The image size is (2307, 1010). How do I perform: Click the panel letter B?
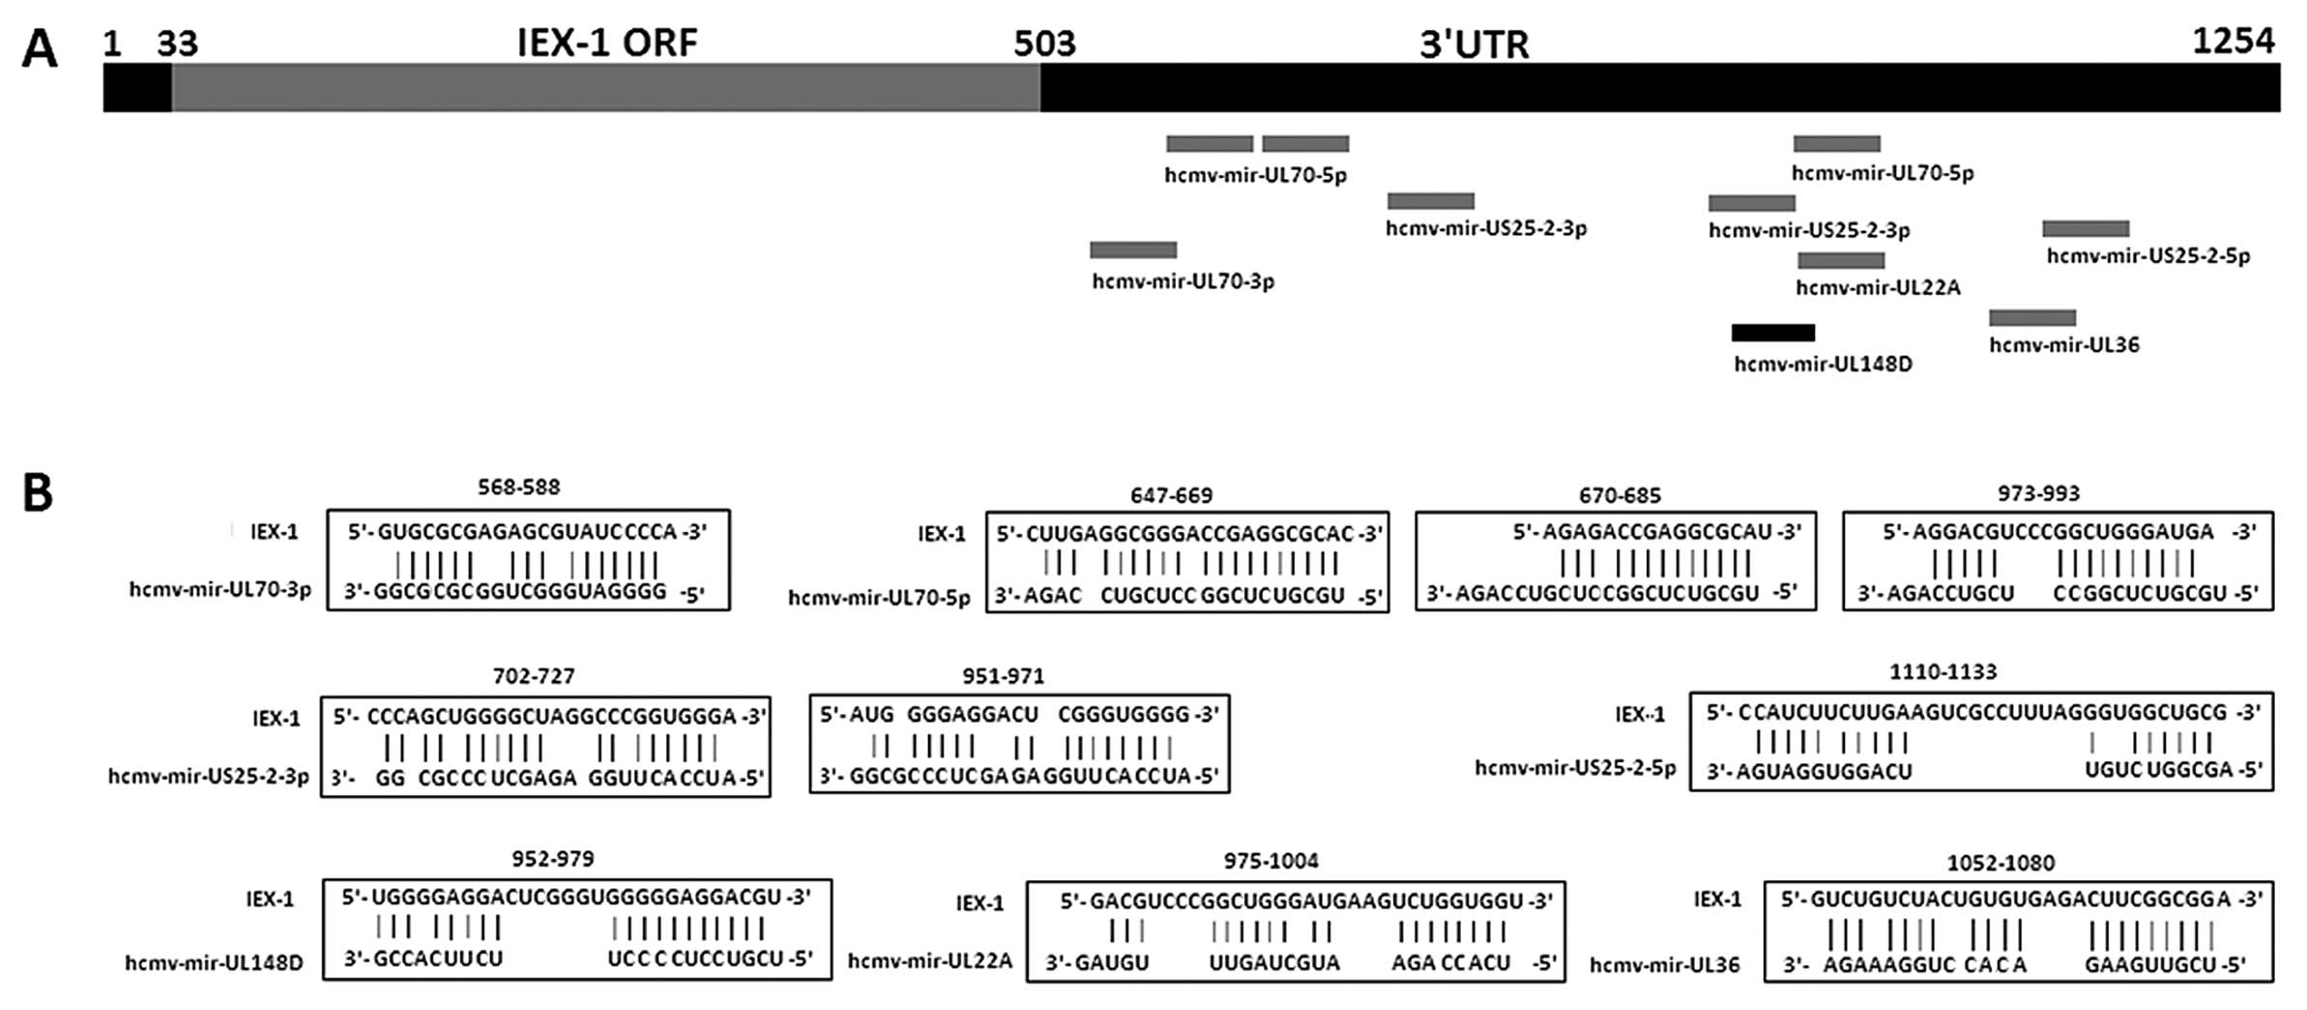(38, 493)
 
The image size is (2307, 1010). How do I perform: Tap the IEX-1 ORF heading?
(607, 44)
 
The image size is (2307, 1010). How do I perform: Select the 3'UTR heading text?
(1474, 45)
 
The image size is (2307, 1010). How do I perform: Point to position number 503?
(1044, 44)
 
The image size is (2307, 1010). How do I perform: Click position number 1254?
(2234, 41)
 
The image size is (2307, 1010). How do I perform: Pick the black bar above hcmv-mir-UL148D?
(1773, 333)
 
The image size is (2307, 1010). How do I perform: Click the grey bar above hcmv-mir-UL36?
(2032, 317)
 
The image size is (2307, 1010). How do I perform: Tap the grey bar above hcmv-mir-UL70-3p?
(1133, 250)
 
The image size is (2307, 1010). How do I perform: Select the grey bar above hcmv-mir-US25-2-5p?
(2086, 228)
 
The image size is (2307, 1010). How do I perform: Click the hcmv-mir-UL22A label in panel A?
(1878, 287)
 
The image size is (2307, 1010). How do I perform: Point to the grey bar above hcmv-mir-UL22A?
(1841, 260)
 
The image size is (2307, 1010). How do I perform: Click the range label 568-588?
(519, 487)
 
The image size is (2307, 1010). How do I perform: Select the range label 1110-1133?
(1942, 671)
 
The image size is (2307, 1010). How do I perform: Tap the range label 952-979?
(553, 858)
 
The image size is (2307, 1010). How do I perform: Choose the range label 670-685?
(1620, 495)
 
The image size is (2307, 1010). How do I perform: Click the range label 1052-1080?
(2000, 862)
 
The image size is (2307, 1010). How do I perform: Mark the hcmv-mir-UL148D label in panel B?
(214, 963)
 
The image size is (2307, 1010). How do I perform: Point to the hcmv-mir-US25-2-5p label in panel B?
(1575, 768)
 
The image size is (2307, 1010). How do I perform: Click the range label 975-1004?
(1270, 860)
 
